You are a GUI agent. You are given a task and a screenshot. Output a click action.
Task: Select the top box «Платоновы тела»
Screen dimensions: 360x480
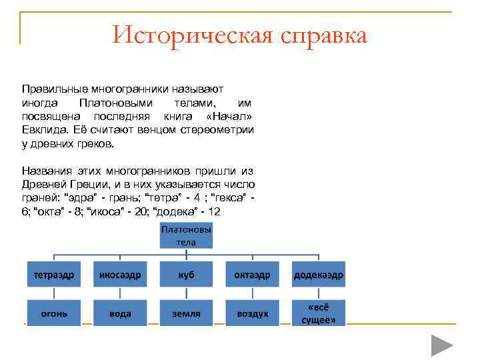[x=186, y=235]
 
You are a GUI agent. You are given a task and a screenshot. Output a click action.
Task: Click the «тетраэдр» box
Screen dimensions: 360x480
[x=53, y=274]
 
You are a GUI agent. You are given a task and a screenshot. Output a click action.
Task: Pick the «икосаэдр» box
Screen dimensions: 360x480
[x=119, y=274]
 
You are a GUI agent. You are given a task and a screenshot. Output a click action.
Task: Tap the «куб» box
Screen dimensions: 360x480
[x=186, y=274]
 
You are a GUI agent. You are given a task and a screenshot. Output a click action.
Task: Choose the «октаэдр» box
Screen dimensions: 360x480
[x=252, y=274]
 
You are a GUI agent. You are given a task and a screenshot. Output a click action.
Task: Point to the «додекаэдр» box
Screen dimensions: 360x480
[x=319, y=274]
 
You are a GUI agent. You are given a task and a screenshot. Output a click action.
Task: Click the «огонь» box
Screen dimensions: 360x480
[x=53, y=313]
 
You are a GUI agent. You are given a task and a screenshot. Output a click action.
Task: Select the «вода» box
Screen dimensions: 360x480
[x=119, y=313]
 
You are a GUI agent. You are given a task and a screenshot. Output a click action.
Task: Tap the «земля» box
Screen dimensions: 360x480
[x=186, y=313]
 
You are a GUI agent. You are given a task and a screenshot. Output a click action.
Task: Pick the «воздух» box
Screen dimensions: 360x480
[x=252, y=313]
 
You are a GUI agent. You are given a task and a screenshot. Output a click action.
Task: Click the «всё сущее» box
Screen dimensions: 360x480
[x=319, y=313]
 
